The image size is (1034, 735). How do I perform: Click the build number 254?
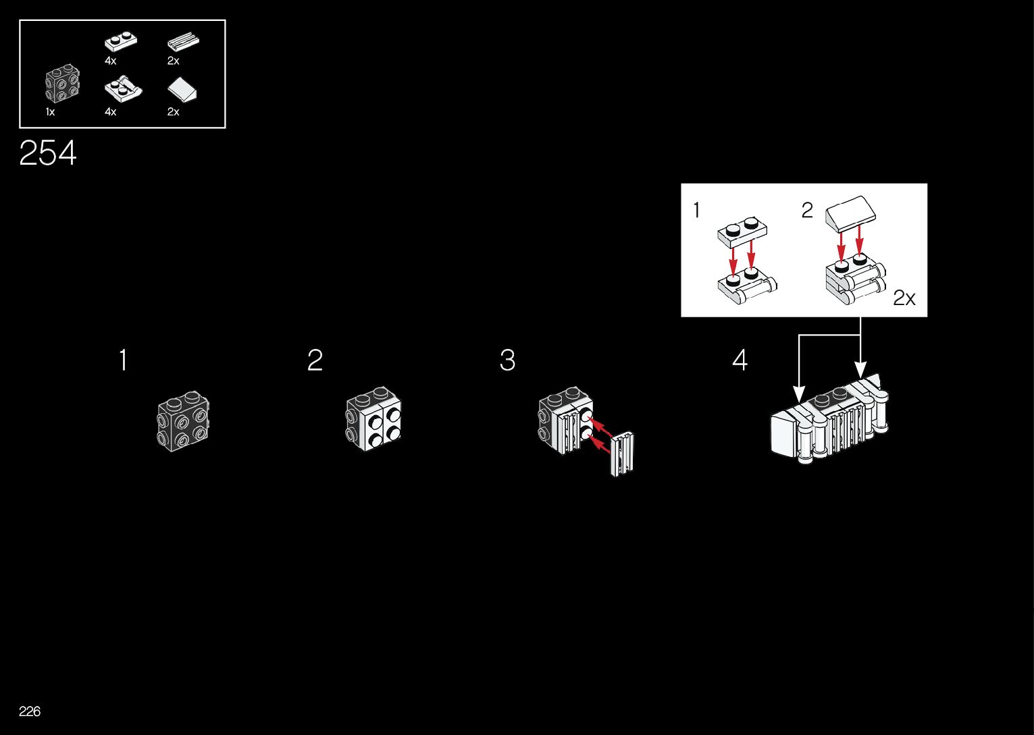[48, 153]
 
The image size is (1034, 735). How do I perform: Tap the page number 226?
[30, 711]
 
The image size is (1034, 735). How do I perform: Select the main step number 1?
[123, 360]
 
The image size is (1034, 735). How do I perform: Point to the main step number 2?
[315, 360]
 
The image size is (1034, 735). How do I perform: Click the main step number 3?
[507, 360]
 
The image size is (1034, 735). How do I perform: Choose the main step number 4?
[740, 360]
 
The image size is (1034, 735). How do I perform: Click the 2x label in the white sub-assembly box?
[904, 298]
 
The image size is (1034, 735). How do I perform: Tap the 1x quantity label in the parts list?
[50, 112]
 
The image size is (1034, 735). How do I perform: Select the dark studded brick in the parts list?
[62, 84]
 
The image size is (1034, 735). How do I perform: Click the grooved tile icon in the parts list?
[183, 43]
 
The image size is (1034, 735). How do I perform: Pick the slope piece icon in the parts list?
[183, 90]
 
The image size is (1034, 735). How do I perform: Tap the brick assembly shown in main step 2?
[373, 419]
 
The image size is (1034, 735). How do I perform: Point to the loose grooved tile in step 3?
[623, 452]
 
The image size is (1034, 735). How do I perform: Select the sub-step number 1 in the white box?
[696, 211]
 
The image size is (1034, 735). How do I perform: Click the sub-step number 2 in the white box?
[807, 211]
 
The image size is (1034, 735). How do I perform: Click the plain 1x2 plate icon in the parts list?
[121, 42]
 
